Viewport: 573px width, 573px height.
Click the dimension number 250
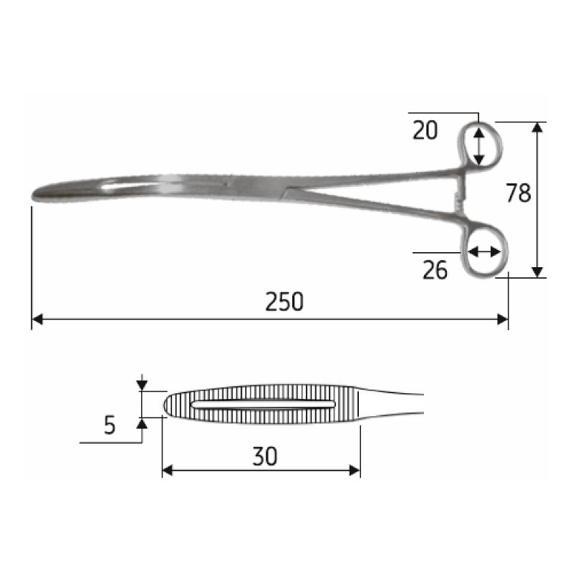click(284, 302)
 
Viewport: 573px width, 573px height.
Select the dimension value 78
click(518, 193)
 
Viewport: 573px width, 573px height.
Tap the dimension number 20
click(425, 130)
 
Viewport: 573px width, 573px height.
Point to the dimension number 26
click(435, 270)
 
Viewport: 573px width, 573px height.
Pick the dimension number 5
click(110, 425)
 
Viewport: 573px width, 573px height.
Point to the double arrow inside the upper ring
click(479, 144)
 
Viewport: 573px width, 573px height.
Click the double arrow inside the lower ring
click(485, 251)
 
